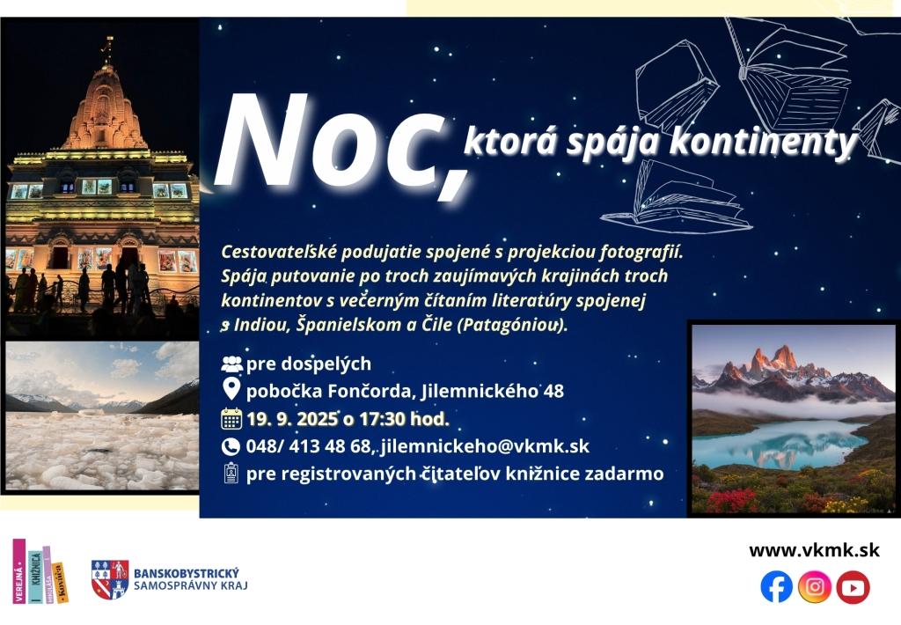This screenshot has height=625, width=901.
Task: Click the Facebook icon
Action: click(776, 587)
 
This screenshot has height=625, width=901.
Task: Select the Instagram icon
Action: click(814, 587)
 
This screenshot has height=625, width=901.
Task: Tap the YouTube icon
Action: click(853, 587)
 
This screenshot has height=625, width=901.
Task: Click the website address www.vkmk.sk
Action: click(814, 550)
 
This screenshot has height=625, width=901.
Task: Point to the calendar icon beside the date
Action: click(231, 419)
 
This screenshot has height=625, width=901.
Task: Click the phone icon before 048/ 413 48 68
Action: click(231, 447)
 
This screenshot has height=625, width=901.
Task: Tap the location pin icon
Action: click(231, 389)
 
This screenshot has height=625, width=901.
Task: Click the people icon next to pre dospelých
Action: click(231, 364)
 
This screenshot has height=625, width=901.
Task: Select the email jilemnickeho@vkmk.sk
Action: click(485, 447)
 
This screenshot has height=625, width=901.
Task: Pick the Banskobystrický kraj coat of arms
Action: click(110, 579)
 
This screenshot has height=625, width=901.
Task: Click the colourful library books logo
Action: click(40, 571)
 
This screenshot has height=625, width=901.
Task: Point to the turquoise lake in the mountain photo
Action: click(780, 442)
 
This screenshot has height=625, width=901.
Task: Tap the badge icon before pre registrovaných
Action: click(231, 473)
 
